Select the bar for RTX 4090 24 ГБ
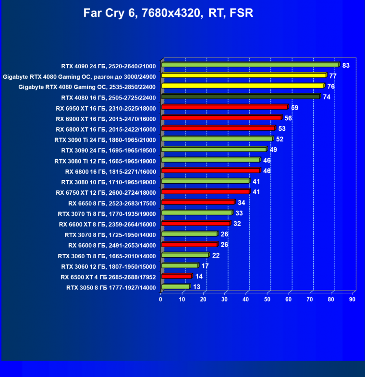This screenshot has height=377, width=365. click(x=250, y=64)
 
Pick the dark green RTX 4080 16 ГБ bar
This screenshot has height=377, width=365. click(x=240, y=97)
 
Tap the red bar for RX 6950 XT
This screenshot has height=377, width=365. click(x=224, y=107)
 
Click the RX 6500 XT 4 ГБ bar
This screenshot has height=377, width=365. click(x=176, y=276)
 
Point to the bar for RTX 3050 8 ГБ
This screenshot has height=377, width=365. click(x=175, y=287)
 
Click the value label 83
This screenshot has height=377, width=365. click(x=346, y=65)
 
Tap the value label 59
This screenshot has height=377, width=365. click(x=294, y=107)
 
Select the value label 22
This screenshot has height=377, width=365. click(x=216, y=255)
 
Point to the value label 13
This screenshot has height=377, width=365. click(x=196, y=287)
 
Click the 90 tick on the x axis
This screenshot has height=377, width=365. click(x=352, y=300)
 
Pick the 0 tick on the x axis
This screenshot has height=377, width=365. click(x=161, y=300)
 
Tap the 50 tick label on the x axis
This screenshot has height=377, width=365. click(x=267, y=300)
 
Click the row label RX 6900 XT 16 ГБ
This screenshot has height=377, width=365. click(x=106, y=118)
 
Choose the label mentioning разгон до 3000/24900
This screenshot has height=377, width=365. click(x=79, y=76)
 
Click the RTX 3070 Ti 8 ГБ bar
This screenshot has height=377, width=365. click(x=197, y=213)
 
